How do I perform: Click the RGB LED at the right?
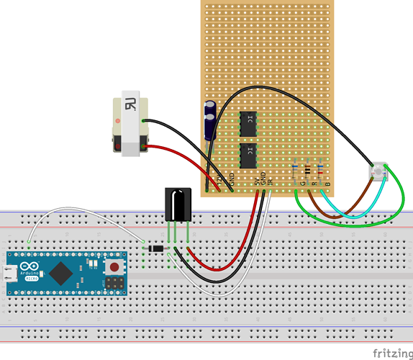click(378, 172)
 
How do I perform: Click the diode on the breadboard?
click(156, 249)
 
